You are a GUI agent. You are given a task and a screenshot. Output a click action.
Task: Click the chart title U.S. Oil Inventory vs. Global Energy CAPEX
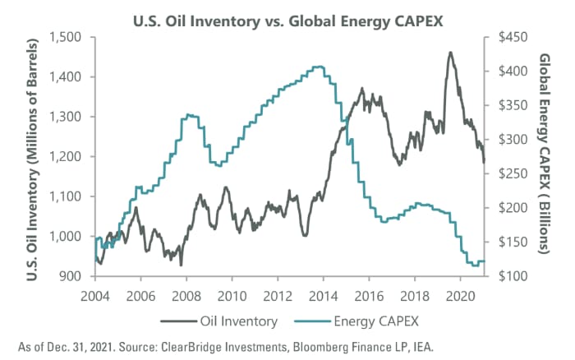(288, 14)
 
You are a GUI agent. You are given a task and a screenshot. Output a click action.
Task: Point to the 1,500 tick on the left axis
(66, 37)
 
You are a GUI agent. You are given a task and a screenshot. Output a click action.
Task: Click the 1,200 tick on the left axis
(66, 156)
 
